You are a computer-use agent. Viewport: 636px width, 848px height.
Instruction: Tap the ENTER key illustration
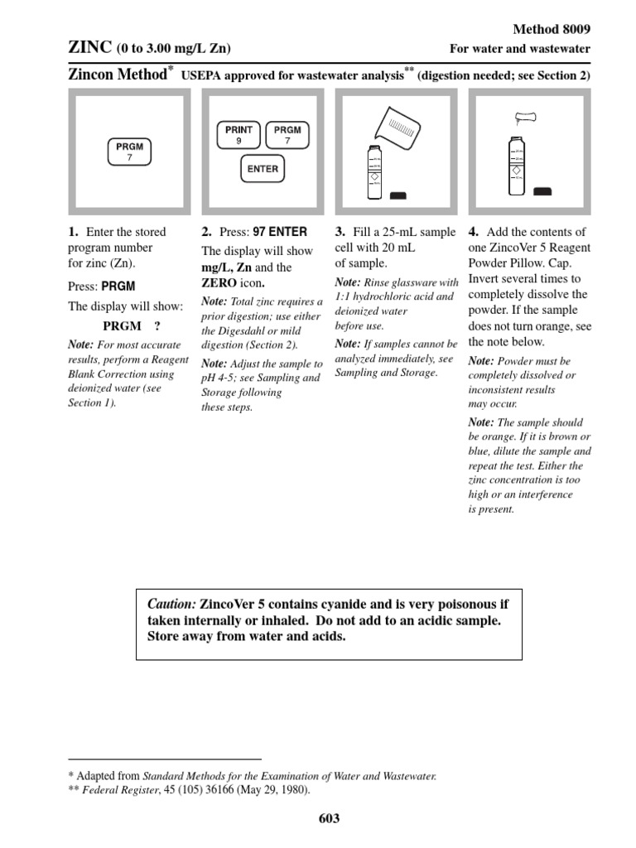(x=263, y=169)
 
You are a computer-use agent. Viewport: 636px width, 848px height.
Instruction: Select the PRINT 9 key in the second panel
(x=238, y=135)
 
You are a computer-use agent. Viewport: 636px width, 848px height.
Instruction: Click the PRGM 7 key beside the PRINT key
(x=287, y=135)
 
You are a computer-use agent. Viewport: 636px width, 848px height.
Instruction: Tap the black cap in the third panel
(x=398, y=195)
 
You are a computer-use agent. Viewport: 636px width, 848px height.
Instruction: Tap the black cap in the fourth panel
(x=543, y=191)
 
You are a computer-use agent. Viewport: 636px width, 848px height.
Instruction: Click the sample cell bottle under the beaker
(x=373, y=171)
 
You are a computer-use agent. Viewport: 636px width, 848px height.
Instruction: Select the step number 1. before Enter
(x=73, y=232)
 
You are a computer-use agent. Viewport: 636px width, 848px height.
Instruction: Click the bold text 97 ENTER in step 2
(x=280, y=232)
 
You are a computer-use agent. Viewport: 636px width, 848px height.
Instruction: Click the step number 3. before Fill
(x=340, y=232)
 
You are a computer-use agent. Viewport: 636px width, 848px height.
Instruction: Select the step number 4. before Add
(x=473, y=232)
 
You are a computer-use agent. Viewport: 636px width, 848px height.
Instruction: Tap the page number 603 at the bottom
(x=329, y=819)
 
